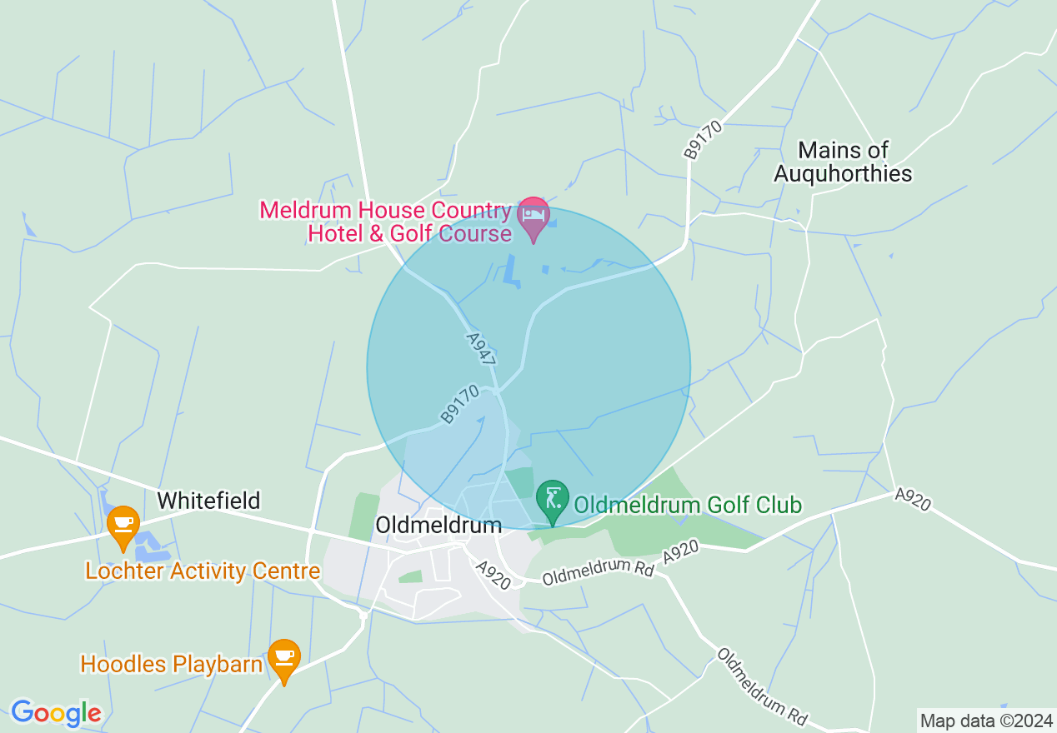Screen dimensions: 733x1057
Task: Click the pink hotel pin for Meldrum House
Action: (x=534, y=216)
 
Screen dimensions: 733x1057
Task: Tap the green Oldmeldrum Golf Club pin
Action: (x=552, y=500)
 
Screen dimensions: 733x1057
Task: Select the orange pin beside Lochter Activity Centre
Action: (x=123, y=526)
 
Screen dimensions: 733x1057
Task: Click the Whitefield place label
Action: (x=208, y=501)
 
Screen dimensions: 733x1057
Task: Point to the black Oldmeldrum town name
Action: (x=438, y=525)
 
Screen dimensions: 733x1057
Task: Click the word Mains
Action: (x=820, y=150)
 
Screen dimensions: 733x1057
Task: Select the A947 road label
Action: (x=481, y=351)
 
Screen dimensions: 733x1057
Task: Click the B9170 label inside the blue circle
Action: (x=460, y=403)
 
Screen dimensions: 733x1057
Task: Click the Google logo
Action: (x=56, y=712)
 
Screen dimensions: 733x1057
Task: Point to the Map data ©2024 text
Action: (x=985, y=721)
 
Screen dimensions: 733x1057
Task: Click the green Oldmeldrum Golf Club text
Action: (x=688, y=505)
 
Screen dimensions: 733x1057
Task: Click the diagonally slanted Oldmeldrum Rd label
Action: (x=762, y=686)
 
